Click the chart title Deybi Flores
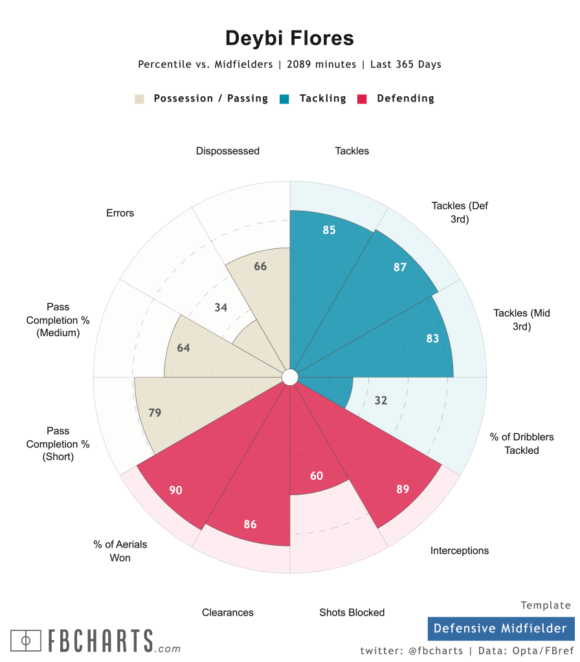tap(289, 38)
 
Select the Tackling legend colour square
tap(284, 99)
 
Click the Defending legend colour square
tap(362, 99)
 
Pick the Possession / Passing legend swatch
tap(139, 99)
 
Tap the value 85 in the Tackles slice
tap(329, 230)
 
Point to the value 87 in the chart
tap(400, 267)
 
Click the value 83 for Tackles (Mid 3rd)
tap(432, 338)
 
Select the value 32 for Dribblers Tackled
tap(381, 400)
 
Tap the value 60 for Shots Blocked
tap(317, 476)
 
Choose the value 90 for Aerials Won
tap(175, 490)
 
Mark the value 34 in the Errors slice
tap(221, 307)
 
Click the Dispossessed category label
tap(228, 151)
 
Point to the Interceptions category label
tap(460, 551)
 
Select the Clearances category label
tap(228, 612)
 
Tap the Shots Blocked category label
tap(352, 612)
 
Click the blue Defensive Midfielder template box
tap(500, 628)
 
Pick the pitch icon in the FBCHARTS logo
tap(26, 641)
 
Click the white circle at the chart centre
tap(290, 377)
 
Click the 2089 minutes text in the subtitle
tap(322, 65)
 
